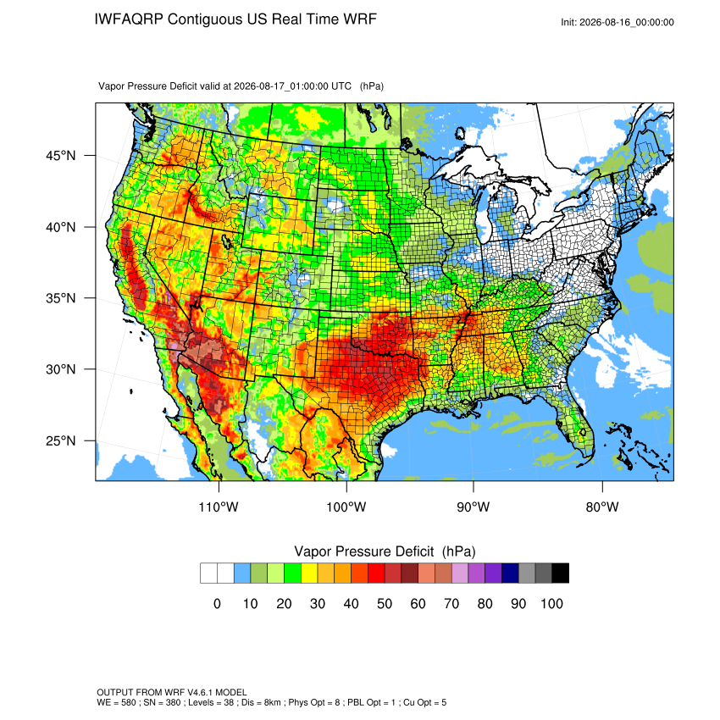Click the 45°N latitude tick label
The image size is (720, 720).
point(61,156)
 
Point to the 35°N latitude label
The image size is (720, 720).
point(61,298)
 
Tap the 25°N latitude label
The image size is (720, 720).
point(61,440)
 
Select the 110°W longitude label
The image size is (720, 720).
point(219,507)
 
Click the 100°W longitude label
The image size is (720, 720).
point(346,507)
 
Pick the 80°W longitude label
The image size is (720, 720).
point(602,507)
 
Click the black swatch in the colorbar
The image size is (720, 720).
point(561,573)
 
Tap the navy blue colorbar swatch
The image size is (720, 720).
point(510,573)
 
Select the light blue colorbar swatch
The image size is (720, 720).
point(242,573)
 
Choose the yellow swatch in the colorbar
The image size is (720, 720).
point(309,573)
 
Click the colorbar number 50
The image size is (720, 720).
point(385,603)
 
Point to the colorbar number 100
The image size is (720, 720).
point(552,603)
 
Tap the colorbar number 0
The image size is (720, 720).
point(217,603)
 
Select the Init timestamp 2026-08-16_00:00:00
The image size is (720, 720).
point(627,23)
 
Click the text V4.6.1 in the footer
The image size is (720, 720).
point(199,692)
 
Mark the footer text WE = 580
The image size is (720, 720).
point(116,702)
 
